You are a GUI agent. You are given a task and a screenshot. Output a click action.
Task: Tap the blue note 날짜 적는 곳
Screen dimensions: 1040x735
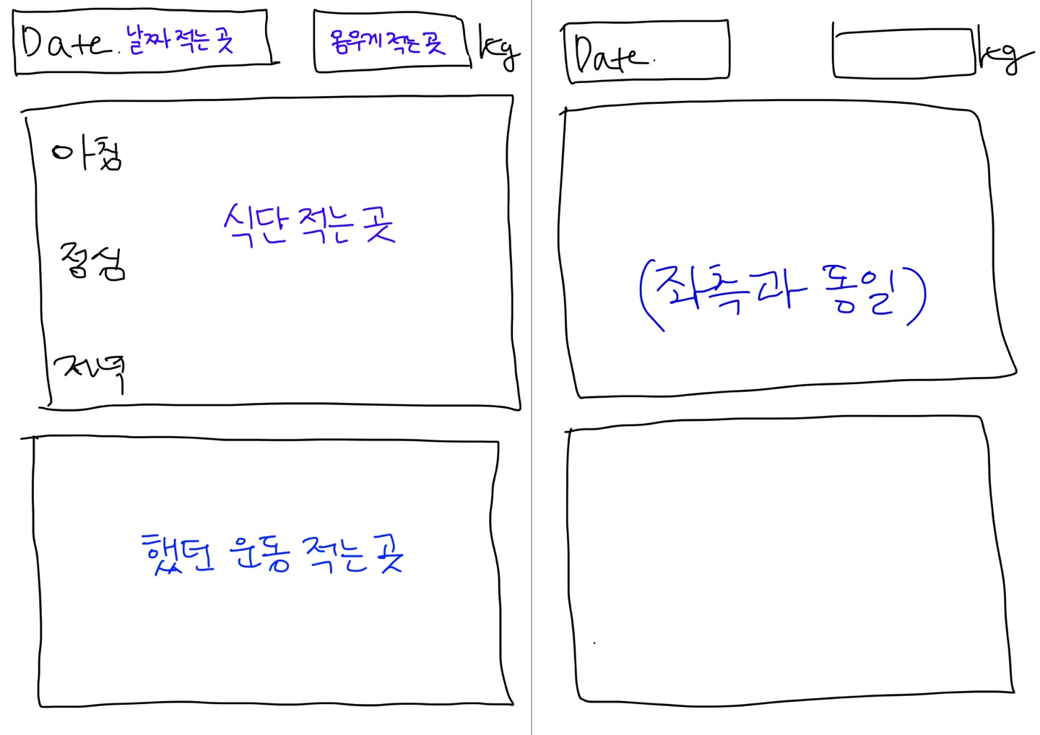(x=181, y=40)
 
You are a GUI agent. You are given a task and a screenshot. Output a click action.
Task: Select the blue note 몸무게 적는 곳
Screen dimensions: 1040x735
(x=387, y=43)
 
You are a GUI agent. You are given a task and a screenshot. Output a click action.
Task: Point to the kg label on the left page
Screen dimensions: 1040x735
(x=499, y=49)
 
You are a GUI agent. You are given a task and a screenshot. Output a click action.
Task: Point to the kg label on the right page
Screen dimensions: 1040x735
(x=1005, y=54)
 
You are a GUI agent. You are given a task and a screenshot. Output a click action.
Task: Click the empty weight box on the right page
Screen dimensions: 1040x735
(x=903, y=53)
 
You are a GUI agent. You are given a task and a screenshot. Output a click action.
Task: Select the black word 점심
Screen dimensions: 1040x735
(x=93, y=261)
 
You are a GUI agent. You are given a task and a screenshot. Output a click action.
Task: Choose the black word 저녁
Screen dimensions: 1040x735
(x=90, y=370)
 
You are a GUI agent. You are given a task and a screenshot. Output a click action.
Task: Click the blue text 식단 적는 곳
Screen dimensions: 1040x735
(x=309, y=225)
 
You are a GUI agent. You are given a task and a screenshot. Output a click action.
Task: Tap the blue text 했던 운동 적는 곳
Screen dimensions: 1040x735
(x=273, y=554)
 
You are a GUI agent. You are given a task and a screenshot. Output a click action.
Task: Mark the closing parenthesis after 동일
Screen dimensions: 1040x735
(x=918, y=296)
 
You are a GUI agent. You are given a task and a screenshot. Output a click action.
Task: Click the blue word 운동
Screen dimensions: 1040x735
(x=259, y=554)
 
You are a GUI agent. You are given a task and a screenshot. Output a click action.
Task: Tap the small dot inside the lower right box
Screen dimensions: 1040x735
(x=594, y=643)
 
